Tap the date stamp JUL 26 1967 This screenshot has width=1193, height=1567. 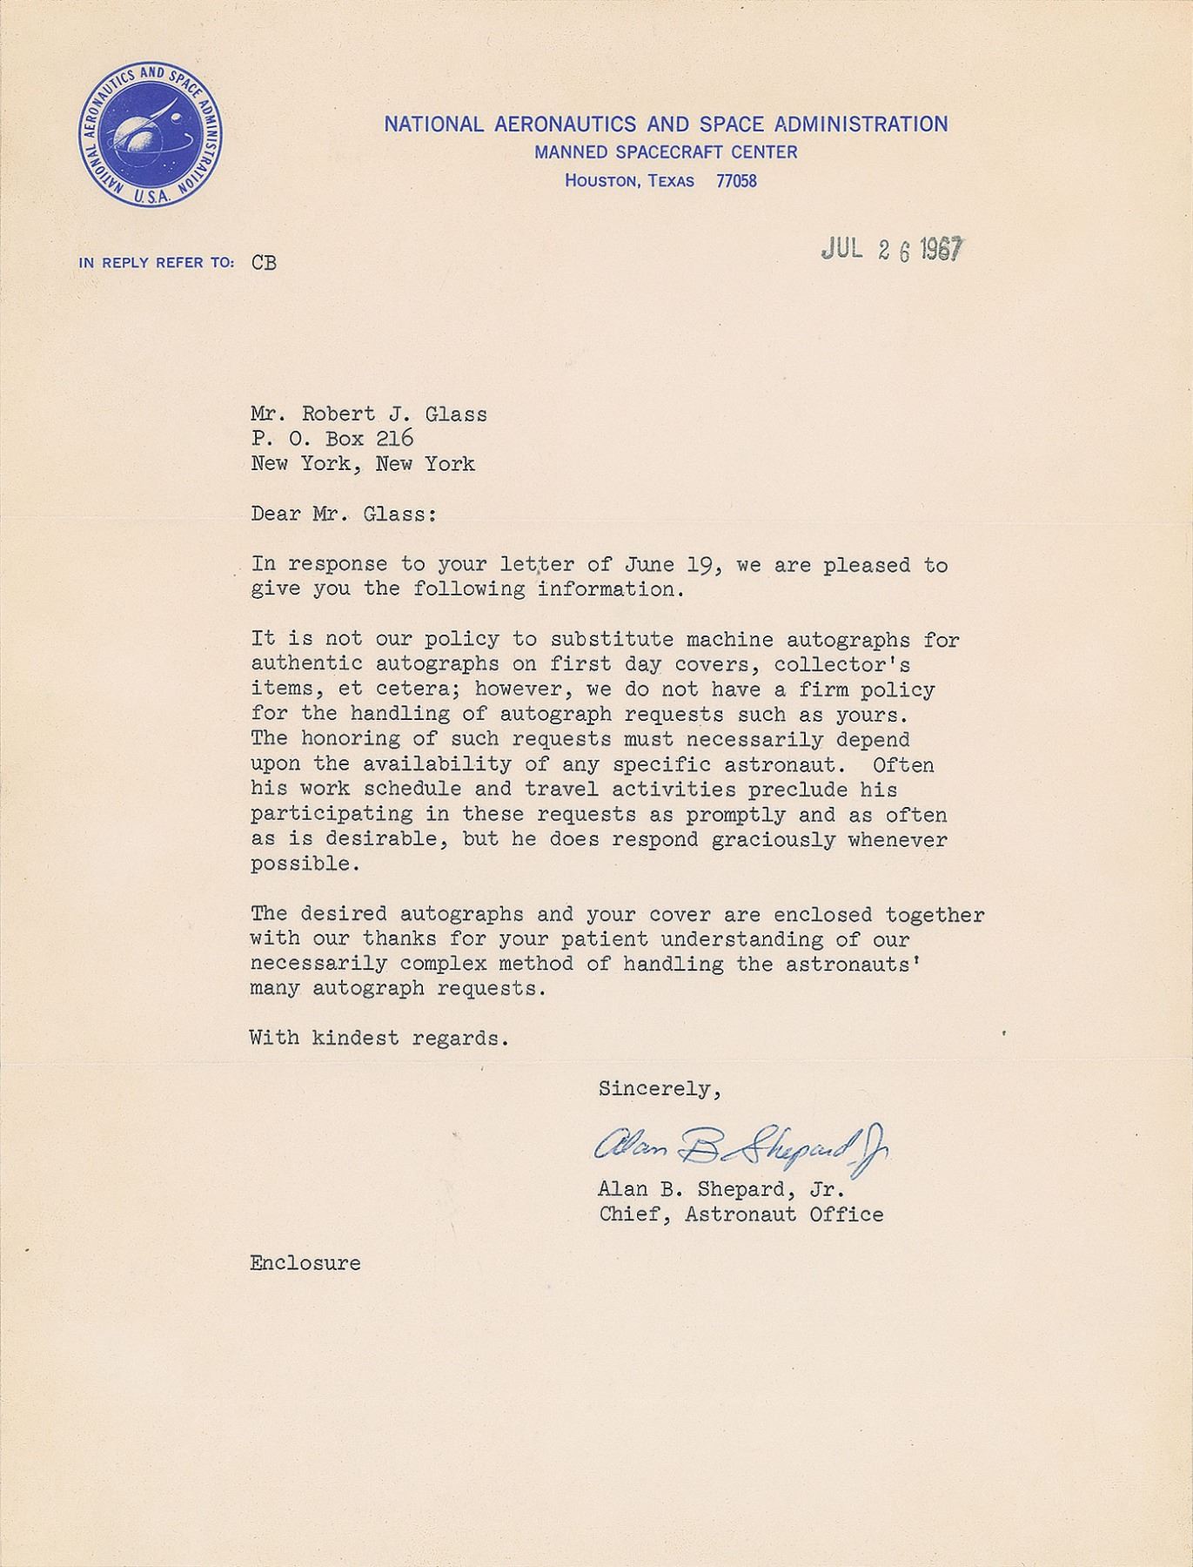[892, 250]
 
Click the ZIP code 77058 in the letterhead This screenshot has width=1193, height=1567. [736, 182]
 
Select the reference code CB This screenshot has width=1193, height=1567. [265, 262]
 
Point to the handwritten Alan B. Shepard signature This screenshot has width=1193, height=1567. [740, 1151]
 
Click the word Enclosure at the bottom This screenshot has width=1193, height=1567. [305, 1263]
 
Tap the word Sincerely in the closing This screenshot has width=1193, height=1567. [659, 1088]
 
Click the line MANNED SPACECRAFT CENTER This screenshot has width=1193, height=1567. [666, 152]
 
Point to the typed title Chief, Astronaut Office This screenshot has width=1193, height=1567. [741, 1214]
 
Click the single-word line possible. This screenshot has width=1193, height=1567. [292, 865]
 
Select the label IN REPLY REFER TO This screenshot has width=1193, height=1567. [156, 262]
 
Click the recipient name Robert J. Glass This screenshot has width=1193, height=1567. [394, 414]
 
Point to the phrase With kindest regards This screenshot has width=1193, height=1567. [378, 1038]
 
